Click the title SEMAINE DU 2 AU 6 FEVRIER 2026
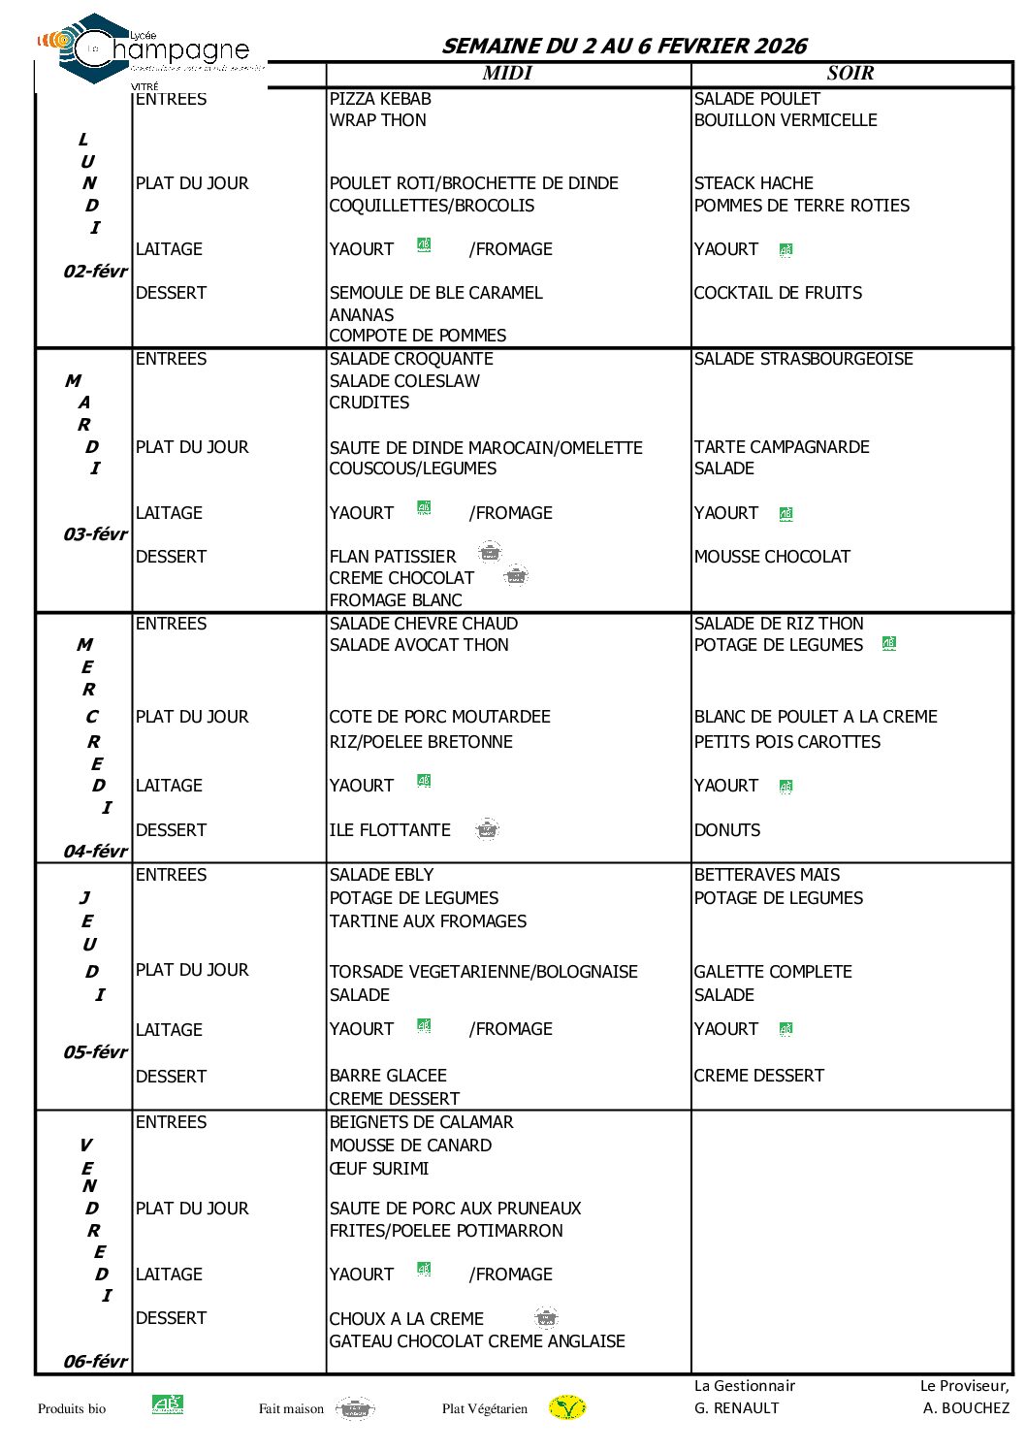click(624, 46)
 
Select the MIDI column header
click(507, 74)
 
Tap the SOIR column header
click(850, 74)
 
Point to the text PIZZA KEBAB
click(380, 99)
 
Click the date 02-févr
click(95, 272)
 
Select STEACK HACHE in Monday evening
click(753, 183)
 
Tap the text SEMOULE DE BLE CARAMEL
click(435, 293)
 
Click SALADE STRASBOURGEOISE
click(803, 359)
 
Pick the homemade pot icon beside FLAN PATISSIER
click(490, 553)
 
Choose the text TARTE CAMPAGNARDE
click(782, 447)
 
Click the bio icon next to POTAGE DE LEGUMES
click(889, 643)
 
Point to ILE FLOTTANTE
click(390, 830)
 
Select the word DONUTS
click(727, 830)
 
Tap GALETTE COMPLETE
click(773, 972)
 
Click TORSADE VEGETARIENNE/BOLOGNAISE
click(483, 972)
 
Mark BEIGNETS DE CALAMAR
click(421, 1122)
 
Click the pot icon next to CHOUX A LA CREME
click(547, 1317)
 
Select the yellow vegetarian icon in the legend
click(567, 1407)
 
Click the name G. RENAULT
click(736, 1408)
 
